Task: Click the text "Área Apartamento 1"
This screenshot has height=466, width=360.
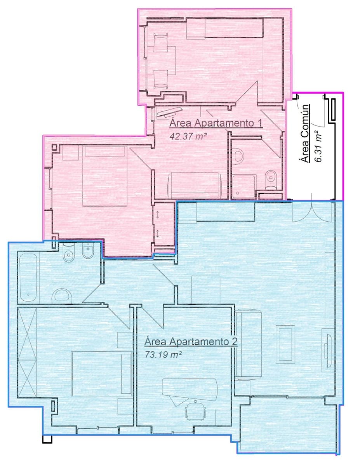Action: [216, 123]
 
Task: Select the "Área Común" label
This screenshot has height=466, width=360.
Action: [305, 133]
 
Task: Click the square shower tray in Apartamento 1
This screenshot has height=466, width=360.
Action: [244, 186]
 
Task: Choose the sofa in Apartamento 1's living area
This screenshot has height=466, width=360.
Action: [195, 185]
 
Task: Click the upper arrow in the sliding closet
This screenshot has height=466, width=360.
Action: [158, 215]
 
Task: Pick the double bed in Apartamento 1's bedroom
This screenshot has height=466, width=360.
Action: [105, 176]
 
